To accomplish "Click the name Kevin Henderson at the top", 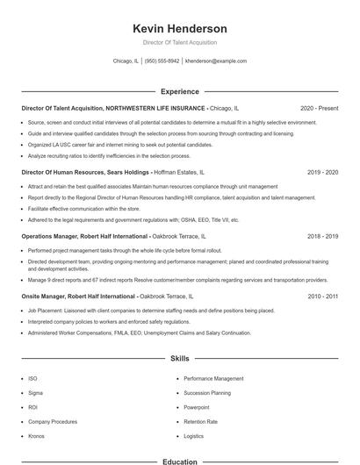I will [x=180, y=29].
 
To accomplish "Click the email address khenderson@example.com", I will [x=216, y=61].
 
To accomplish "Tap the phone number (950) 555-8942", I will [x=162, y=61].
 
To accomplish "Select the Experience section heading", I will [x=180, y=91].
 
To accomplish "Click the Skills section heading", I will [x=180, y=359].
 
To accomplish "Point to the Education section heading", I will [x=180, y=461].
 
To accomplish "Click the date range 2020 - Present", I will [x=319, y=108].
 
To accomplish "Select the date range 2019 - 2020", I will [x=323, y=172].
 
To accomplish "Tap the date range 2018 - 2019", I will [x=323, y=236].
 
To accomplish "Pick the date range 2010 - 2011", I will [x=323, y=297].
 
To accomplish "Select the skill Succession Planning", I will [x=207, y=393].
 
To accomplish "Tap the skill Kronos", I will [x=37, y=436].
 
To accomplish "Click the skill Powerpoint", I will [x=197, y=407].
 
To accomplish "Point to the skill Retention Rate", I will [x=200, y=422].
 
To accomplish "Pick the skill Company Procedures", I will [x=53, y=422].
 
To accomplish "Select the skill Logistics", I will [x=193, y=436].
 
